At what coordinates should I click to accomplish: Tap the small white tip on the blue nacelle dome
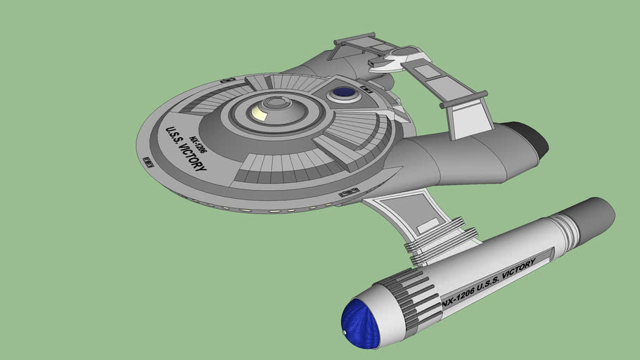(x=345, y=333)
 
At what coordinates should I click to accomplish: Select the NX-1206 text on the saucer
(x=198, y=144)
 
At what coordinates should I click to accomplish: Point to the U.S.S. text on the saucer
(x=172, y=136)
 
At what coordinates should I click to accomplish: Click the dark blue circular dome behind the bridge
(x=344, y=93)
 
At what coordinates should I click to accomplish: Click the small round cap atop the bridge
(x=276, y=102)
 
